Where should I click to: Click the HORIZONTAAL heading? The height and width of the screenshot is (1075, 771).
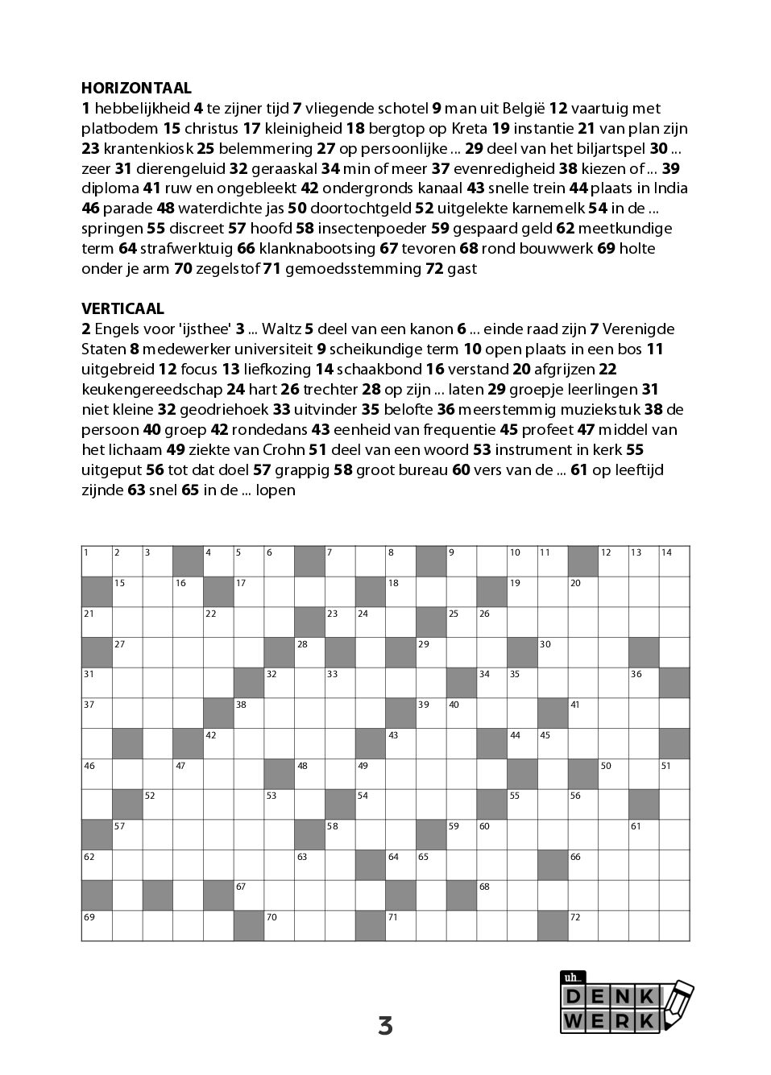tap(136, 88)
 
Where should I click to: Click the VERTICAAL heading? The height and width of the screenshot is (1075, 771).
tap(122, 308)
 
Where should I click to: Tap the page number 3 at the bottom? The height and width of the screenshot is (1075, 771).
tap(385, 1026)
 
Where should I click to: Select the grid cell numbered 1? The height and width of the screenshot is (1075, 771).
tap(97, 561)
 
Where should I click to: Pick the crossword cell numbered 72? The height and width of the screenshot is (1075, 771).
tap(583, 925)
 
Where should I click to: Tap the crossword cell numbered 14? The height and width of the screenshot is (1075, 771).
tap(674, 561)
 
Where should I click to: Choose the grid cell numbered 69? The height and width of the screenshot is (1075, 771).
tap(97, 925)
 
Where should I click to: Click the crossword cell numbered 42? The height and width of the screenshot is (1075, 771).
tap(218, 743)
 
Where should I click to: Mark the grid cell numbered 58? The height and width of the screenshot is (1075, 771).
tap(340, 834)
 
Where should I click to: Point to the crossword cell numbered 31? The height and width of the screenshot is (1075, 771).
tap(97, 683)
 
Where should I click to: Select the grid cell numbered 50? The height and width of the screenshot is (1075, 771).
tap(613, 774)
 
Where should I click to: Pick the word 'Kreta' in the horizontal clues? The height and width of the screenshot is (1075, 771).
tap(466, 128)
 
